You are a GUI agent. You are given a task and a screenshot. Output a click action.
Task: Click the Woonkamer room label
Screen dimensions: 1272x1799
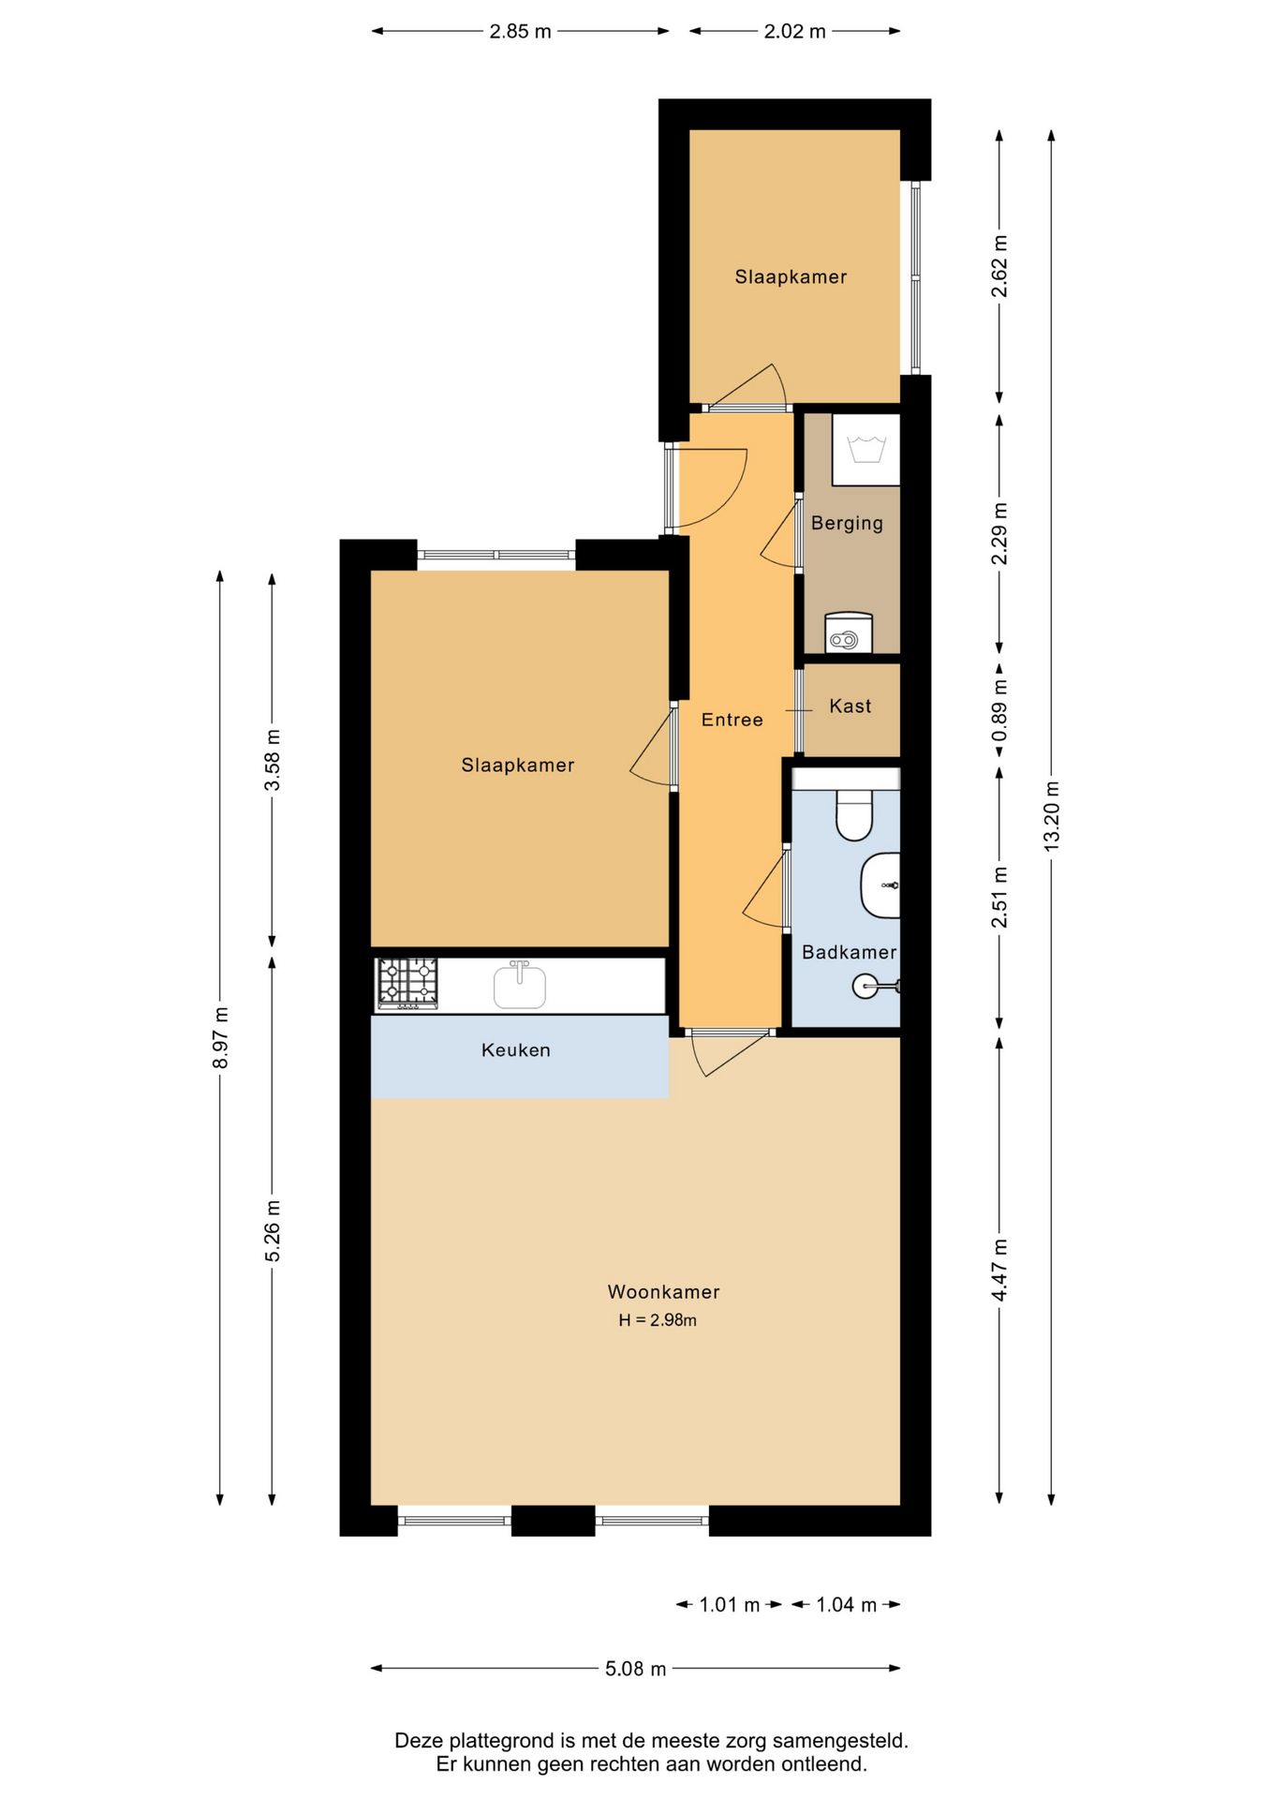coord(663,1291)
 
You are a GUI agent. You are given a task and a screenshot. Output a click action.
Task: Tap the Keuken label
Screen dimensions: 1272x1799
coord(515,1049)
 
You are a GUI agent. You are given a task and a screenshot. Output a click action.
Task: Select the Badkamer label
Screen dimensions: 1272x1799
coord(849,952)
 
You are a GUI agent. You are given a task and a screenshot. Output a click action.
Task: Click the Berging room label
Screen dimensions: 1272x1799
coord(847,523)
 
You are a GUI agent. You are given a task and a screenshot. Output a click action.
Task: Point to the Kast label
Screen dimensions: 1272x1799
coord(850,706)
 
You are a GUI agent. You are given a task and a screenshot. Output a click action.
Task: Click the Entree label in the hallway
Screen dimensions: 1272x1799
coord(732,720)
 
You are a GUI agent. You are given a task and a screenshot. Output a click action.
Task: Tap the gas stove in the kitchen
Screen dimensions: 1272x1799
coord(407,983)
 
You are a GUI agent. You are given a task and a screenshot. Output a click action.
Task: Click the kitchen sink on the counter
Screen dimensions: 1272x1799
coord(519,985)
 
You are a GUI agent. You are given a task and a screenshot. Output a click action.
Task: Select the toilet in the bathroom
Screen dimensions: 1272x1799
coord(853,814)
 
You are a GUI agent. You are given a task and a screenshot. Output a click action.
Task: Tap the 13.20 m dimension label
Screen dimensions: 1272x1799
coord(1051,815)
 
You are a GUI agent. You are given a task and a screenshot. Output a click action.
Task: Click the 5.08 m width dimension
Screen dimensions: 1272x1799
coord(635,1668)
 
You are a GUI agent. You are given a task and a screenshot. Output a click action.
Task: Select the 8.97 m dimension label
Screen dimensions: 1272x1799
coord(220,1037)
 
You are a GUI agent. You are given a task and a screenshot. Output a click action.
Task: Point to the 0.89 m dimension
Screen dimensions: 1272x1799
coord(999,709)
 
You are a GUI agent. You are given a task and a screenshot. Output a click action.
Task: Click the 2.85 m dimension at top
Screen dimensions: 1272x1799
coord(520,31)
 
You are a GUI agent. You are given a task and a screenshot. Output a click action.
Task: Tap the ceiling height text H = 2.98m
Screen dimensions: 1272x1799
coord(657,1320)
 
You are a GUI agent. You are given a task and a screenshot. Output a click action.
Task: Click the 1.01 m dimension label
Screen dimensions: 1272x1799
coord(729,1604)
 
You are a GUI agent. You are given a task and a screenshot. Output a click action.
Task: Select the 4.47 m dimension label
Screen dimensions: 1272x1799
coord(999,1270)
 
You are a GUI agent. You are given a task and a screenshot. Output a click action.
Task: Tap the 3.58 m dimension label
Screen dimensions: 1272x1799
coord(272,760)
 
